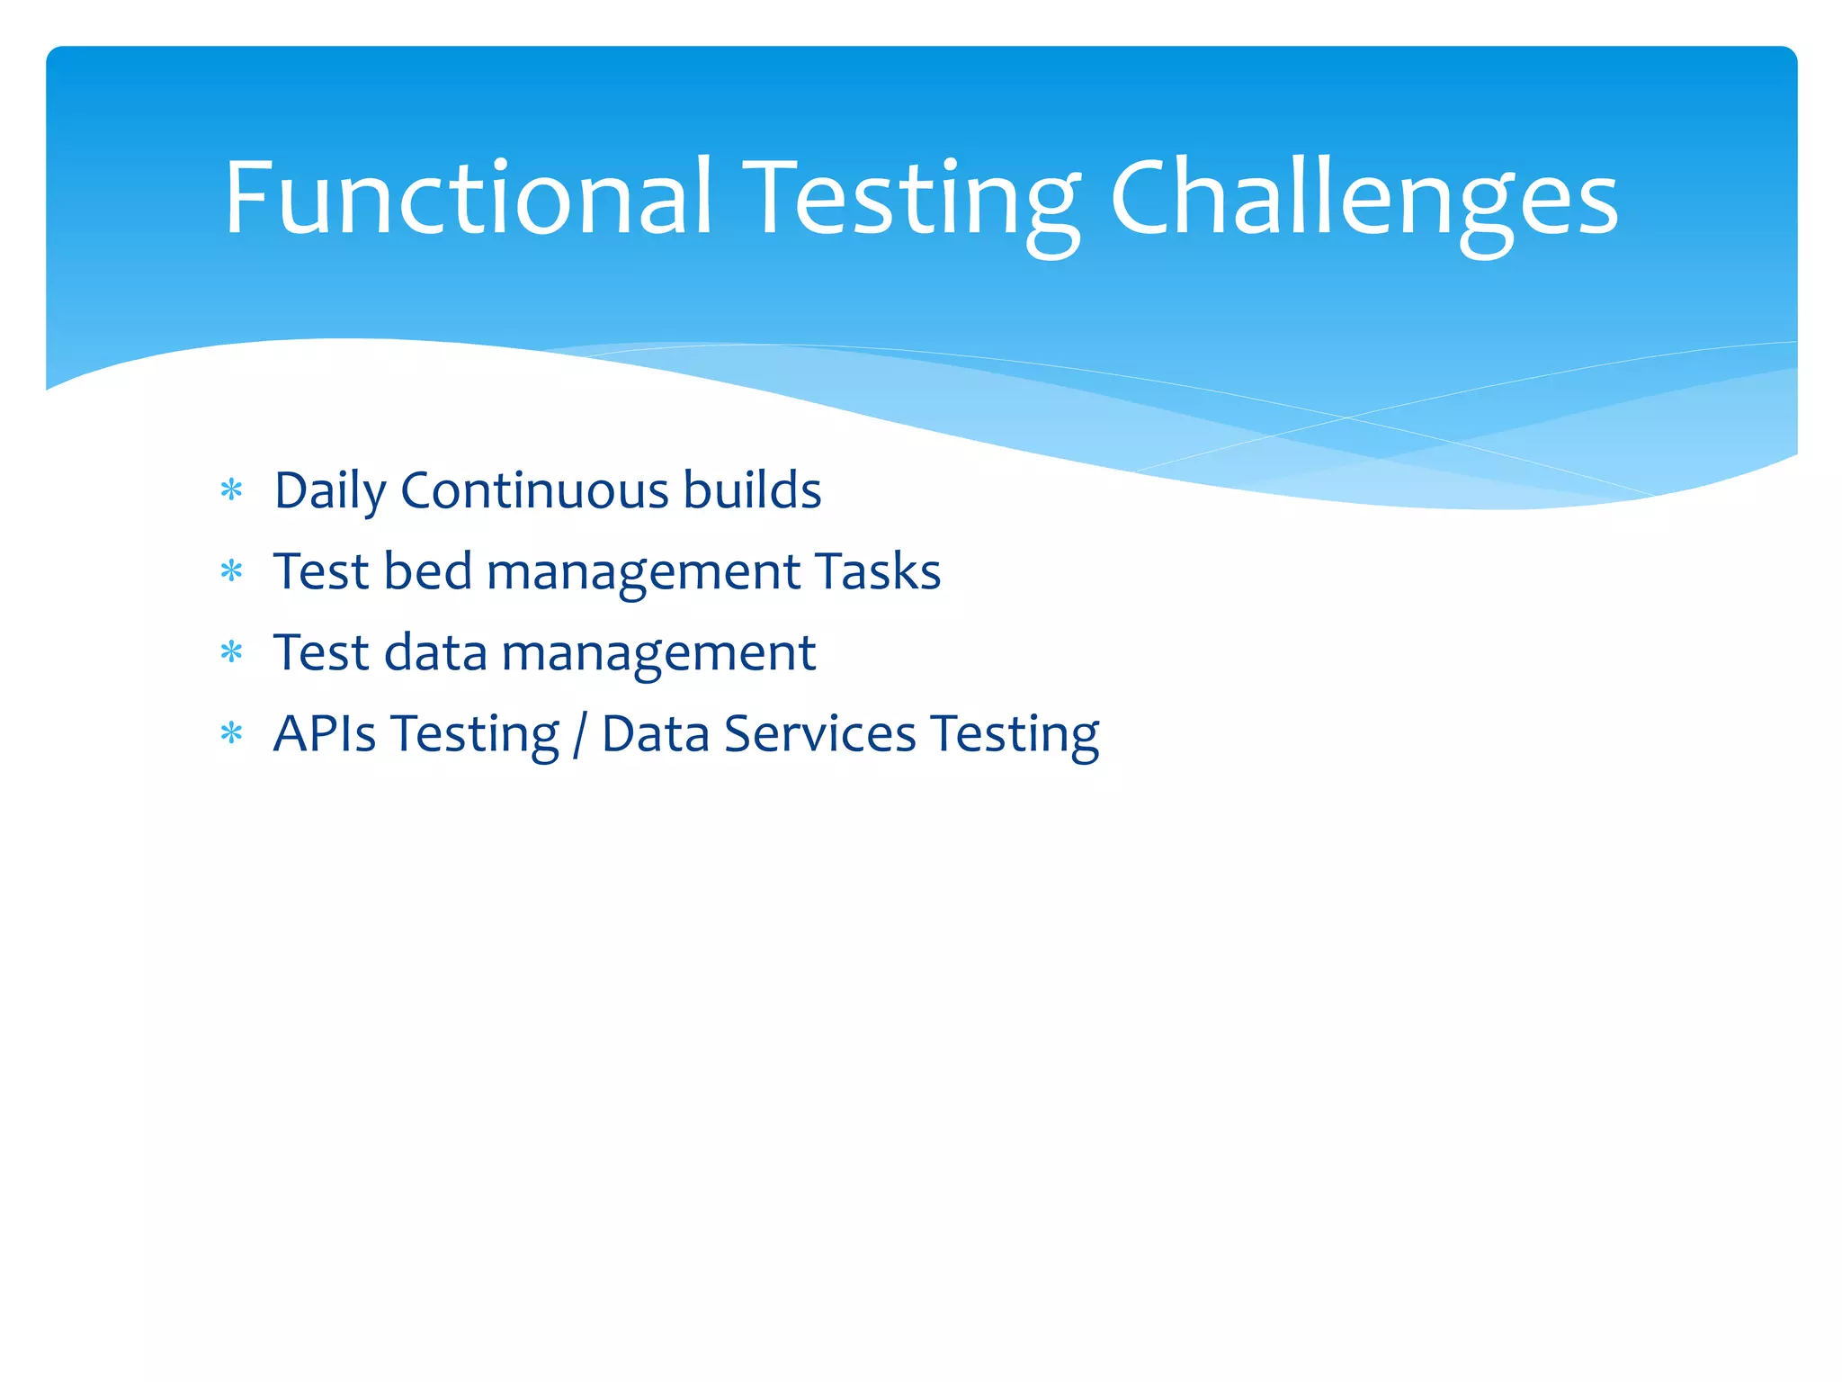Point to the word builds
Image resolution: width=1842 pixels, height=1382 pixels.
(752, 491)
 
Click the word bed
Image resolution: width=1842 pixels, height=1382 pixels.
(427, 572)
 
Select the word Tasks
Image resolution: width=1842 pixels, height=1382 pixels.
(878, 572)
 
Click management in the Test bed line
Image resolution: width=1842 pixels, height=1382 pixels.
(643, 572)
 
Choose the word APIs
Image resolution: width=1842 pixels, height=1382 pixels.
(325, 734)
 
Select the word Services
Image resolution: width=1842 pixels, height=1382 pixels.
(820, 734)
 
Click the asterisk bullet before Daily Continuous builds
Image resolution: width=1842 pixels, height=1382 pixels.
(232, 490)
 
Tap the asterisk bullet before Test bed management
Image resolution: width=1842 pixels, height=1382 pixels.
(232, 571)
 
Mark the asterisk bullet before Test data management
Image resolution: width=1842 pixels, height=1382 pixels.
(232, 652)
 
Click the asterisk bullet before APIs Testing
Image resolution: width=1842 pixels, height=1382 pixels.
(232, 733)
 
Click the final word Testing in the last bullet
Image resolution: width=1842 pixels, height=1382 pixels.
(1015, 734)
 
